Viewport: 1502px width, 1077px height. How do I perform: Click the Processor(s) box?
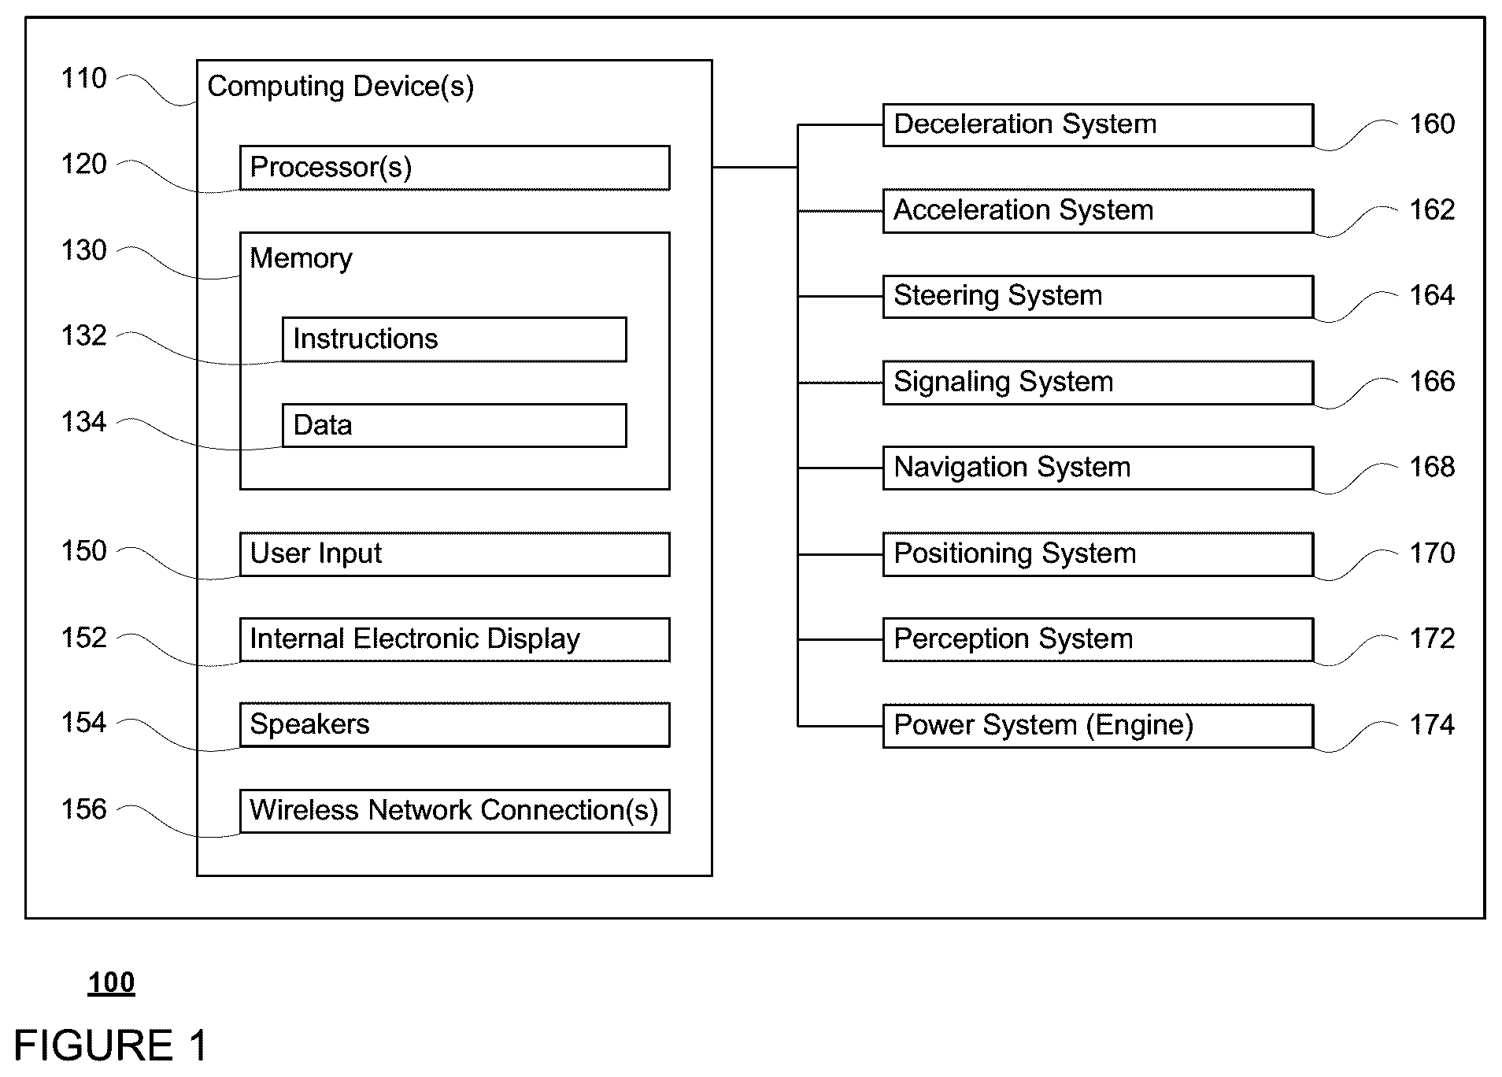[x=454, y=168]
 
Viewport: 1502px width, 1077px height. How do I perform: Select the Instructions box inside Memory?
[x=454, y=339]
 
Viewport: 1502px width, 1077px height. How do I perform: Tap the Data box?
[x=454, y=426]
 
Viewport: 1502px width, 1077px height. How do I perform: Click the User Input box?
[x=454, y=554]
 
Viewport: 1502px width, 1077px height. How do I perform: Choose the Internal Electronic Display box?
[x=454, y=639]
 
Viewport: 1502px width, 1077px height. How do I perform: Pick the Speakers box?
[x=454, y=725]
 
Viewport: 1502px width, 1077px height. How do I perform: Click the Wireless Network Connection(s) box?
[x=454, y=811]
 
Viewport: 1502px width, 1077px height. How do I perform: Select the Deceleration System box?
[x=1098, y=124]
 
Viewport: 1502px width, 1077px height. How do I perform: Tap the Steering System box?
[x=1098, y=296]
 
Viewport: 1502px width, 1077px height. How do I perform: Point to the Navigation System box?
[x=1098, y=468]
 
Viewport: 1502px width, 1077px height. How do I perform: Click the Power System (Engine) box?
[x=1098, y=725]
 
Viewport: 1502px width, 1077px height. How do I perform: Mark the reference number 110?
[x=84, y=78]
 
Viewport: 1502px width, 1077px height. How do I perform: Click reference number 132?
[x=84, y=336]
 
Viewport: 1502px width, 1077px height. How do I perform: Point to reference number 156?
[x=84, y=809]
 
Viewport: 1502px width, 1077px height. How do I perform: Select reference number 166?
[x=1432, y=382]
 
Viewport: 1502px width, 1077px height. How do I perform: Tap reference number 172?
[x=1432, y=638]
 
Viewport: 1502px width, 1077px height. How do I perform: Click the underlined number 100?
[x=111, y=983]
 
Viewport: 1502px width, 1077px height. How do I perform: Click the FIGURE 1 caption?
[x=111, y=1046]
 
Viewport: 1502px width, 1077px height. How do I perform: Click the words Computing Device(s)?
[x=340, y=87]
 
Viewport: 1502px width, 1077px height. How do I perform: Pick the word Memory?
[x=301, y=259]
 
